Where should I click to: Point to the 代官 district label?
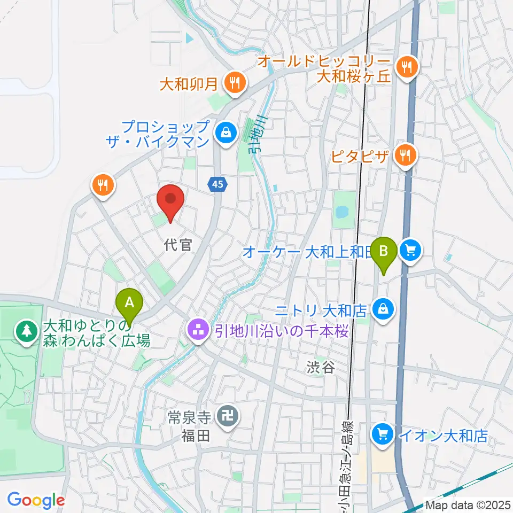tap(178, 245)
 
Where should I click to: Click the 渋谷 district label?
tap(321, 367)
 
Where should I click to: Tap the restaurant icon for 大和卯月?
tap(234, 83)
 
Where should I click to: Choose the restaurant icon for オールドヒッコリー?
tap(407, 67)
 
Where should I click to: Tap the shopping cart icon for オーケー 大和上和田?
tap(411, 250)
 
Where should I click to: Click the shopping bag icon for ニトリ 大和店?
tap(383, 308)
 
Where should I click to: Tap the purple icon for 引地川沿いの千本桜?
tap(197, 331)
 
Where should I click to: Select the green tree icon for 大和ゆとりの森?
tap(26, 331)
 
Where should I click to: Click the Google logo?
tap(36, 500)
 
